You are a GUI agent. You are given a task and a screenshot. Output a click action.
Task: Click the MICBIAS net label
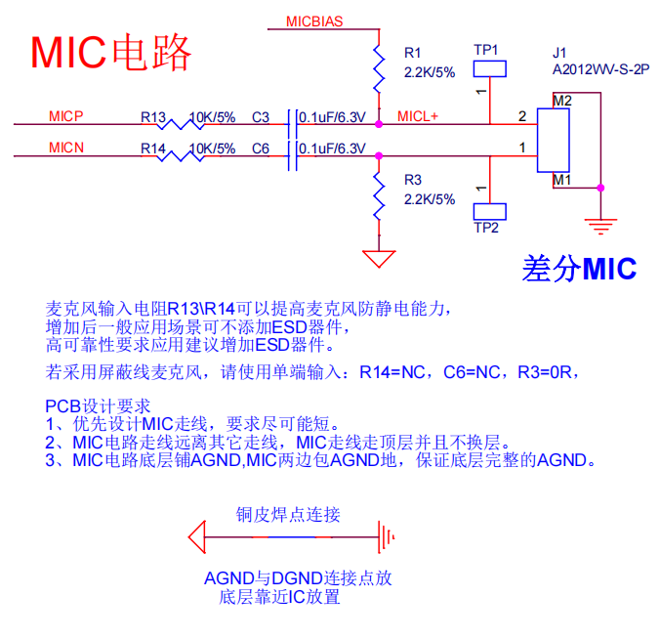pyautogui.click(x=313, y=21)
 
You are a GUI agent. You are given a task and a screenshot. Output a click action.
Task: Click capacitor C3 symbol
pyautogui.click(x=292, y=124)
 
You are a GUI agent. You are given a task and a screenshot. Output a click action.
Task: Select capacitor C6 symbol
pyautogui.click(x=292, y=154)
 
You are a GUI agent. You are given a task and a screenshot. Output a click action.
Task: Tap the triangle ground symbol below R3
pyautogui.click(x=378, y=259)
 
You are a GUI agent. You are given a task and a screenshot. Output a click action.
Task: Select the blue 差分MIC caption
pyautogui.click(x=579, y=268)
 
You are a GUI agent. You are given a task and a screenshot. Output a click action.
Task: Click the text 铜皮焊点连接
pyautogui.click(x=288, y=514)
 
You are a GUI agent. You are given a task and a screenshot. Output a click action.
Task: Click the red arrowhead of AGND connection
pyautogui.click(x=198, y=535)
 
